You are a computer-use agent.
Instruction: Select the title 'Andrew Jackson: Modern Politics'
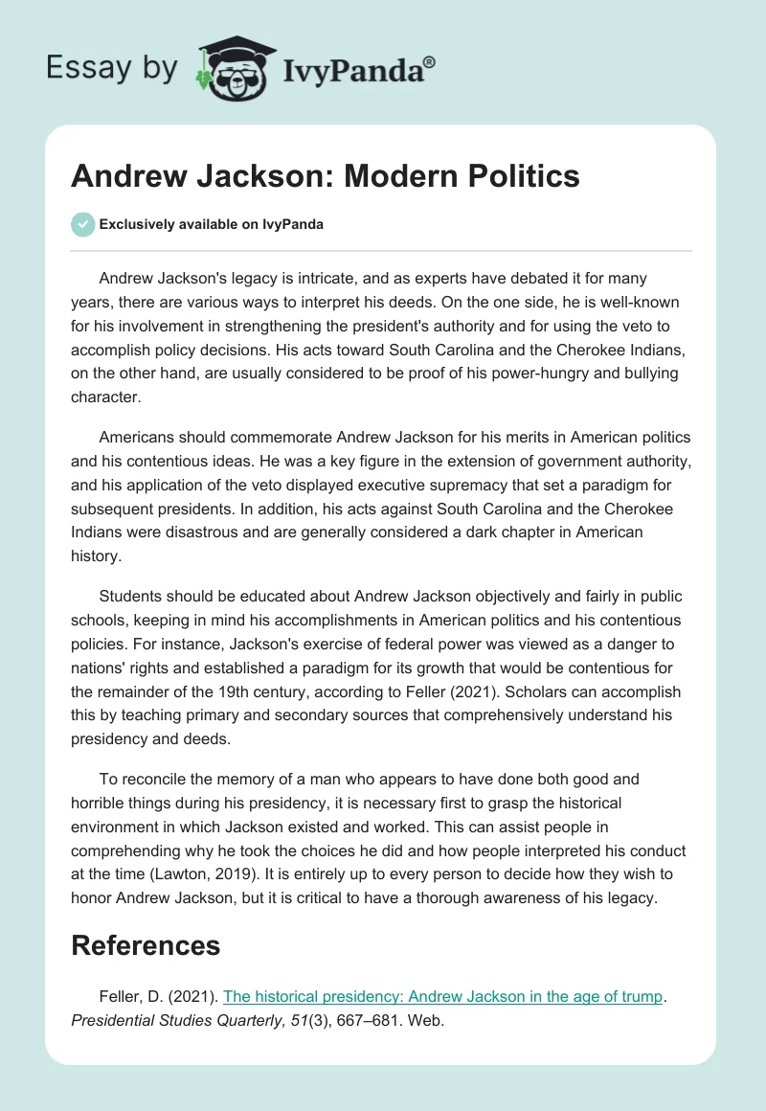click(x=326, y=176)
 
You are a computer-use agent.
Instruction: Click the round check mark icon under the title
click(x=82, y=224)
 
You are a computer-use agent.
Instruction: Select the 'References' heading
click(x=146, y=945)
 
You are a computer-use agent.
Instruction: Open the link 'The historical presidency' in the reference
click(x=442, y=996)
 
